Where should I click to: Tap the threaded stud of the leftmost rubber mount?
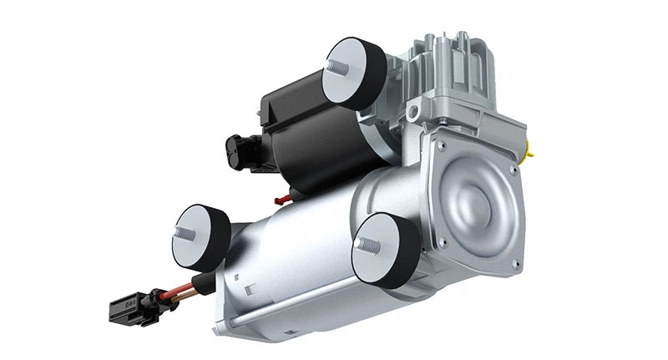(188, 233)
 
